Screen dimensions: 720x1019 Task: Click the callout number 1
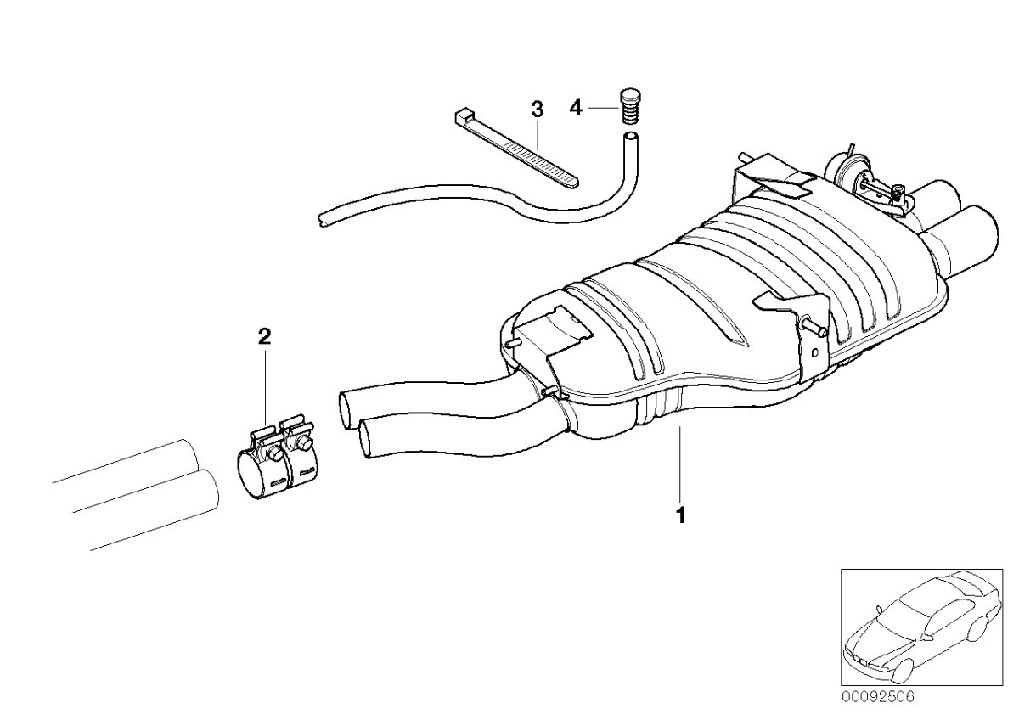click(x=679, y=515)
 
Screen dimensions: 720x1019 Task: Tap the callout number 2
click(x=264, y=337)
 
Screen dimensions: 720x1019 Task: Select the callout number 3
click(x=536, y=109)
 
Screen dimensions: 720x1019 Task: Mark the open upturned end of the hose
click(x=630, y=136)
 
